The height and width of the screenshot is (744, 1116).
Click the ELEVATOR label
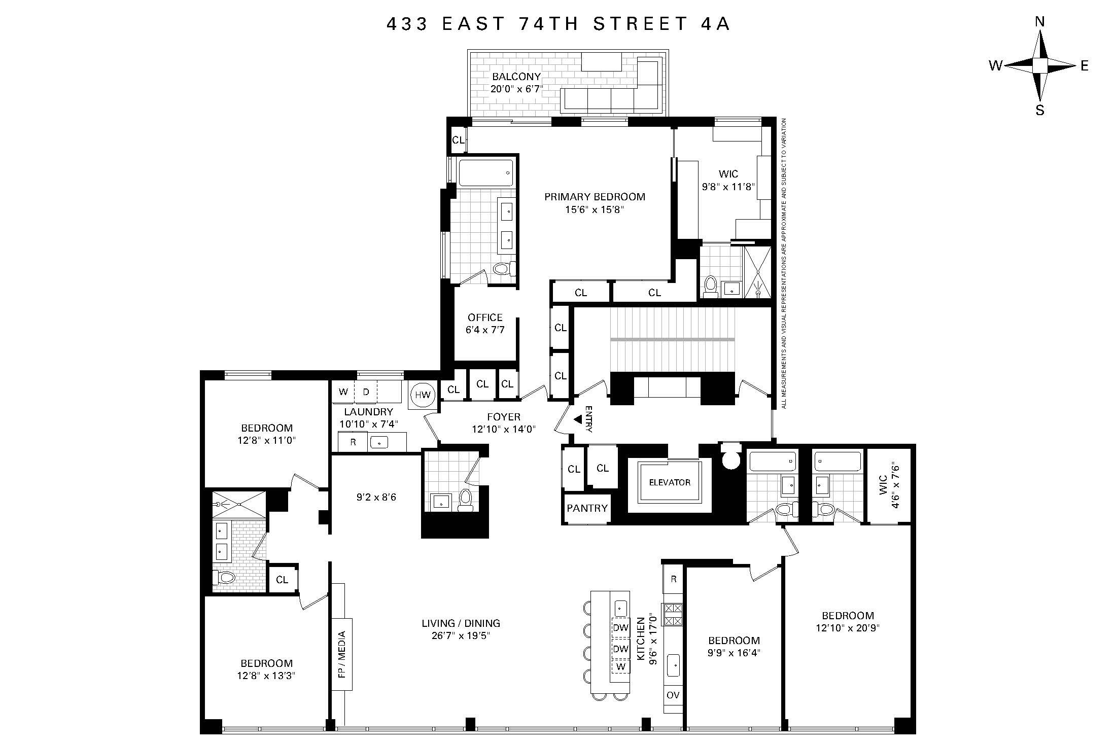[670, 482]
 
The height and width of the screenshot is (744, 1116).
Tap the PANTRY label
[587, 508]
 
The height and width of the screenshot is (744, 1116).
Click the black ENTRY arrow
[578, 419]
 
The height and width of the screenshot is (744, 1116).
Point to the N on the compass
[1039, 36]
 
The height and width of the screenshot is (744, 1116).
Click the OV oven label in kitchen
[673, 695]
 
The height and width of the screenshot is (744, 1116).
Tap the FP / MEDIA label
[341, 654]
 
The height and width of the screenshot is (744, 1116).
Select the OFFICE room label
[485, 317]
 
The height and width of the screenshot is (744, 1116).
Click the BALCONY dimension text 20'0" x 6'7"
[516, 89]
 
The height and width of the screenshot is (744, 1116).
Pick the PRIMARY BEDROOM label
[595, 197]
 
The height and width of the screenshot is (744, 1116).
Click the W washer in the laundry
[343, 392]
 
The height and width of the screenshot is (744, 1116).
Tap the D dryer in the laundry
[366, 392]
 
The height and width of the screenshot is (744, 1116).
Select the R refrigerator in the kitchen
[673, 579]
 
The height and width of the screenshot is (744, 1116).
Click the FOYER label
[503, 417]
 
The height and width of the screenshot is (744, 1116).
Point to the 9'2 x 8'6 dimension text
[376, 498]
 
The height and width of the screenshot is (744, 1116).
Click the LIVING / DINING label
[461, 623]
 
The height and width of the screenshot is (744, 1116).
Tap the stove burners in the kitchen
[673, 614]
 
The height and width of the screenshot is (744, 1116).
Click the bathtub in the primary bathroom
[485, 173]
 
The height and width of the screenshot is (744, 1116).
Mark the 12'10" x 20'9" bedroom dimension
[848, 627]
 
